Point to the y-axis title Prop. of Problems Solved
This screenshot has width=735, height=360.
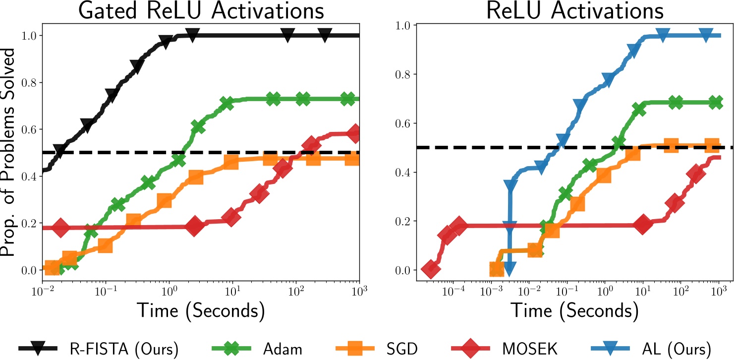tap(9, 159)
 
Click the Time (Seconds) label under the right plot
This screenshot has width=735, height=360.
tap(573, 311)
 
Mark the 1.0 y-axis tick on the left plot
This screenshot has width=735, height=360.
tap(29, 36)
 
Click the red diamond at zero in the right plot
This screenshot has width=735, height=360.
tap(430, 270)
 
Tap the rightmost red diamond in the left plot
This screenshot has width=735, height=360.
tap(354, 133)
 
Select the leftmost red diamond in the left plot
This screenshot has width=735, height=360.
tap(60, 228)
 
